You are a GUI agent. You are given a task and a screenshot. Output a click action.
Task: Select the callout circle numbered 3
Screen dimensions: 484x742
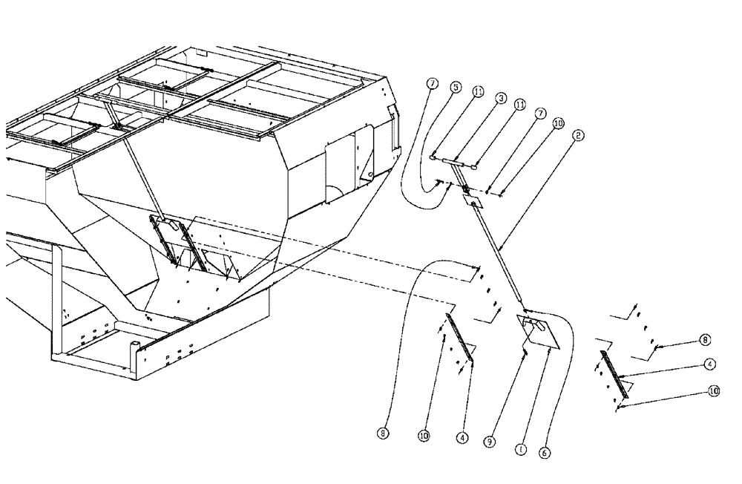pyautogui.click(x=502, y=97)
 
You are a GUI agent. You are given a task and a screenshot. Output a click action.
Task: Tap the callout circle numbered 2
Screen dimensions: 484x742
pyautogui.click(x=577, y=136)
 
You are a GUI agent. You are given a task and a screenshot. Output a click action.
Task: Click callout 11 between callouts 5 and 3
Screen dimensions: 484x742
pyautogui.click(x=479, y=91)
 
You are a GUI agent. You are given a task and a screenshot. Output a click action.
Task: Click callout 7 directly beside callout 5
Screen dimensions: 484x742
pyautogui.click(x=432, y=83)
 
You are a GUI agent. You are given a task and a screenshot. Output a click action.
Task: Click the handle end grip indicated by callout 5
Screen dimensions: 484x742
pyautogui.click(x=433, y=157)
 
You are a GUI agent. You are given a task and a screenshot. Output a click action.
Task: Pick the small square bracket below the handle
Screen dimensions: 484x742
pyautogui.click(x=473, y=199)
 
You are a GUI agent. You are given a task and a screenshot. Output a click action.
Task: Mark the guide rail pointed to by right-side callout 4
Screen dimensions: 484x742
pyautogui.click(x=613, y=375)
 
